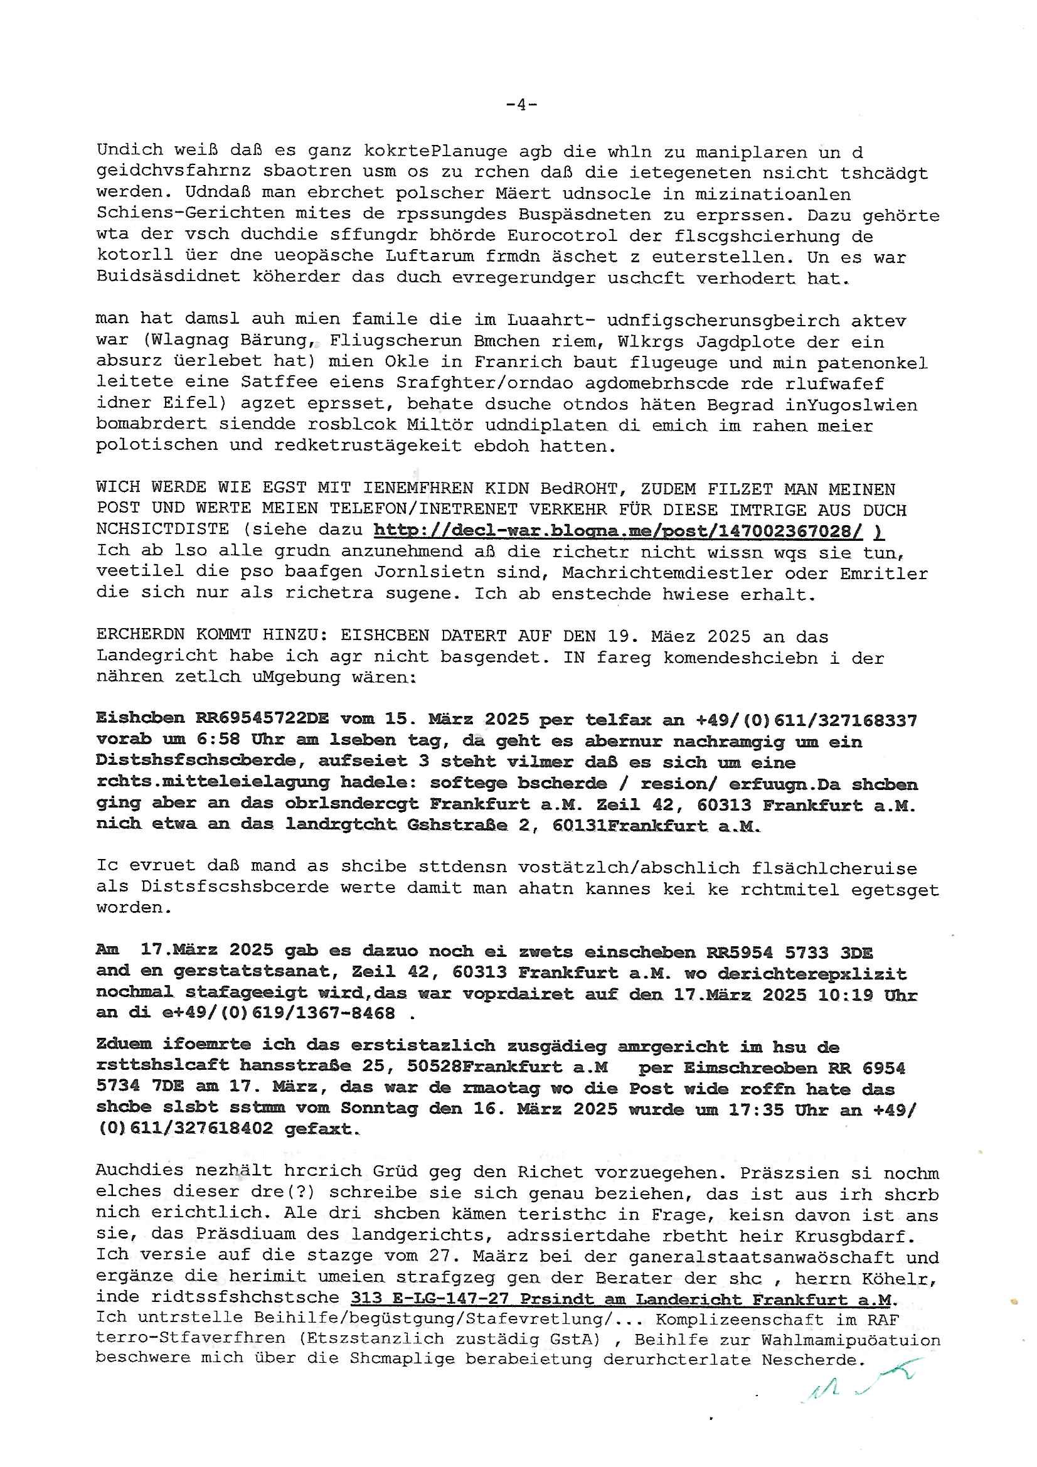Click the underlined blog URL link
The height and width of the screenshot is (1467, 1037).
point(617,530)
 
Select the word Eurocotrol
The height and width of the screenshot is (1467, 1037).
point(562,236)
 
